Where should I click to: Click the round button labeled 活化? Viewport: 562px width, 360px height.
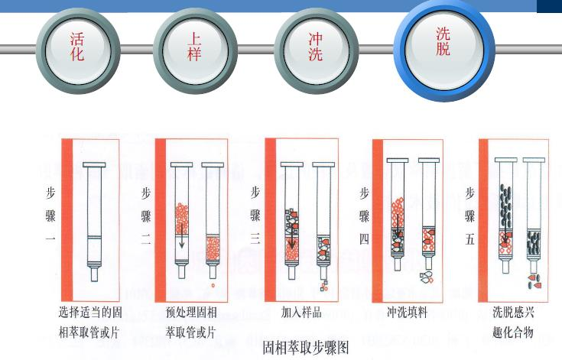pyautogui.click(x=78, y=50)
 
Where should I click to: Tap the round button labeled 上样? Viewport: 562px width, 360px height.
pyautogui.click(x=195, y=50)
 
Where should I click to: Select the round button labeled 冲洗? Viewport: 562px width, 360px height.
pyautogui.click(x=316, y=50)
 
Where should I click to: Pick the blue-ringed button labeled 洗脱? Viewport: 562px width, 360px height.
pyautogui.click(x=444, y=49)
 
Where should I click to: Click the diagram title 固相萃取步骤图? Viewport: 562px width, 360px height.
pyautogui.click(x=306, y=347)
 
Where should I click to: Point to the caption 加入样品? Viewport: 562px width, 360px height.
pyautogui.click(x=301, y=313)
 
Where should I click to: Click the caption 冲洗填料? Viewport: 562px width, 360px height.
pyautogui.click(x=407, y=313)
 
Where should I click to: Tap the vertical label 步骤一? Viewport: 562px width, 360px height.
pyautogui.click(x=50, y=214)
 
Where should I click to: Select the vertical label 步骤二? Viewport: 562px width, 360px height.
pyautogui.click(x=146, y=216)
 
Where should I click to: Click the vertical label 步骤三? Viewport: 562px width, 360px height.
pyautogui.click(x=255, y=215)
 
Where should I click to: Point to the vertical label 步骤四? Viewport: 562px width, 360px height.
pyautogui.click(x=364, y=216)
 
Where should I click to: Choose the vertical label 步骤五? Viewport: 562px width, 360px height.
pyautogui.click(x=470, y=216)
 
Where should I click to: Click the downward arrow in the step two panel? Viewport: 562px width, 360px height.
pyautogui.click(x=182, y=236)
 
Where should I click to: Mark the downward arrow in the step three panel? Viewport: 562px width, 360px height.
pyautogui.click(x=292, y=237)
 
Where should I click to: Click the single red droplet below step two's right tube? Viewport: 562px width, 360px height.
pyautogui.click(x=213, y=286)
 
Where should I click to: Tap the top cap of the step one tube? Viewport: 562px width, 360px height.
pyautogui.click(x=94, y=165)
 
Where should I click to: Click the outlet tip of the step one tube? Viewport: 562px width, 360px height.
pyautogui.click(x=94, y=274)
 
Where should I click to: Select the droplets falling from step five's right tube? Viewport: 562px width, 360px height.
pyautogui.click(x=534, y=281)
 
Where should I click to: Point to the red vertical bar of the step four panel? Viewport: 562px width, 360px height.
pyautogui.click(x=378, y=221)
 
